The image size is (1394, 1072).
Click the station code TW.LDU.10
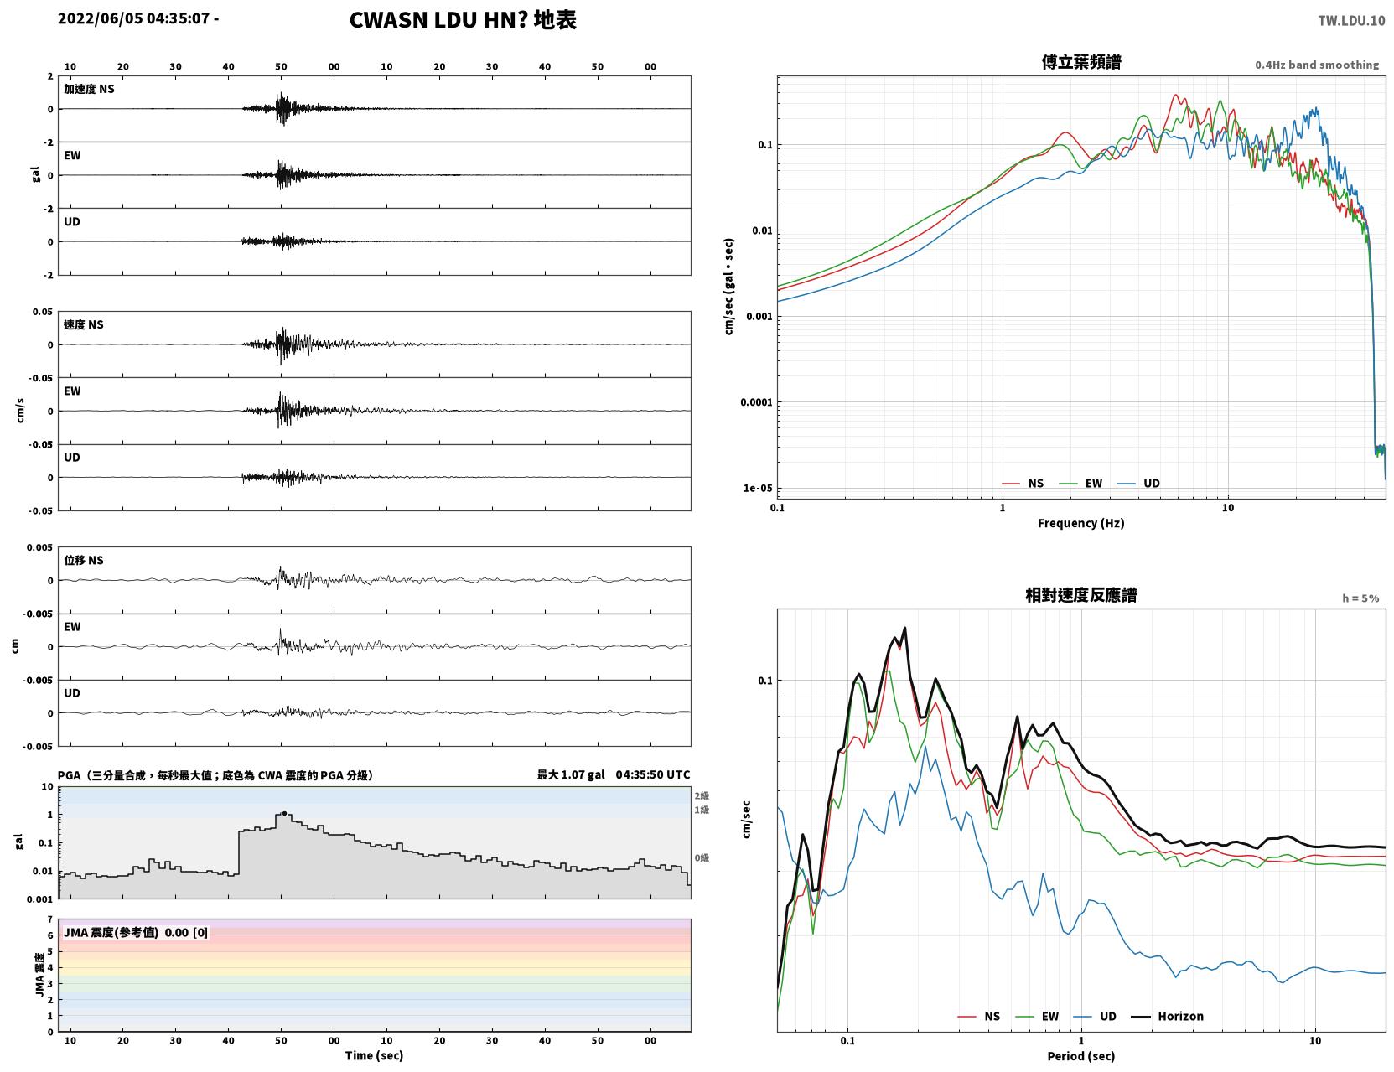coord(1351,20)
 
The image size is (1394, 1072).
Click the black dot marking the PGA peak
coord(284,813)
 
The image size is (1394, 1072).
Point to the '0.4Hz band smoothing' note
coord(1316,65)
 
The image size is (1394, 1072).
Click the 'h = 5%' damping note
coord(1360,598)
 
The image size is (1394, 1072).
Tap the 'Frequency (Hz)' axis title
coord(1080,523)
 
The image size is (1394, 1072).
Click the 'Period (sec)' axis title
coord(1080,1056)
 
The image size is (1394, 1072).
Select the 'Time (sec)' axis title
coord(374,1055)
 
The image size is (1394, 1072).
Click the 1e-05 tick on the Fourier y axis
coord(758,488)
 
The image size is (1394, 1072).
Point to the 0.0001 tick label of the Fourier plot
coord(756,402)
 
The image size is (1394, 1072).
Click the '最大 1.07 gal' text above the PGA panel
coord(570,774)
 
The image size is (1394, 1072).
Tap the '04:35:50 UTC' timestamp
coord(652,774)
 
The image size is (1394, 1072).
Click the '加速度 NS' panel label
coord(89,89)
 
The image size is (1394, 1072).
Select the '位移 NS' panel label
coord(83,561)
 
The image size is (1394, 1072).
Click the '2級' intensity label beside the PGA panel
coord(701,795)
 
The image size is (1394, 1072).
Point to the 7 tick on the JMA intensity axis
coord(50,919)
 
